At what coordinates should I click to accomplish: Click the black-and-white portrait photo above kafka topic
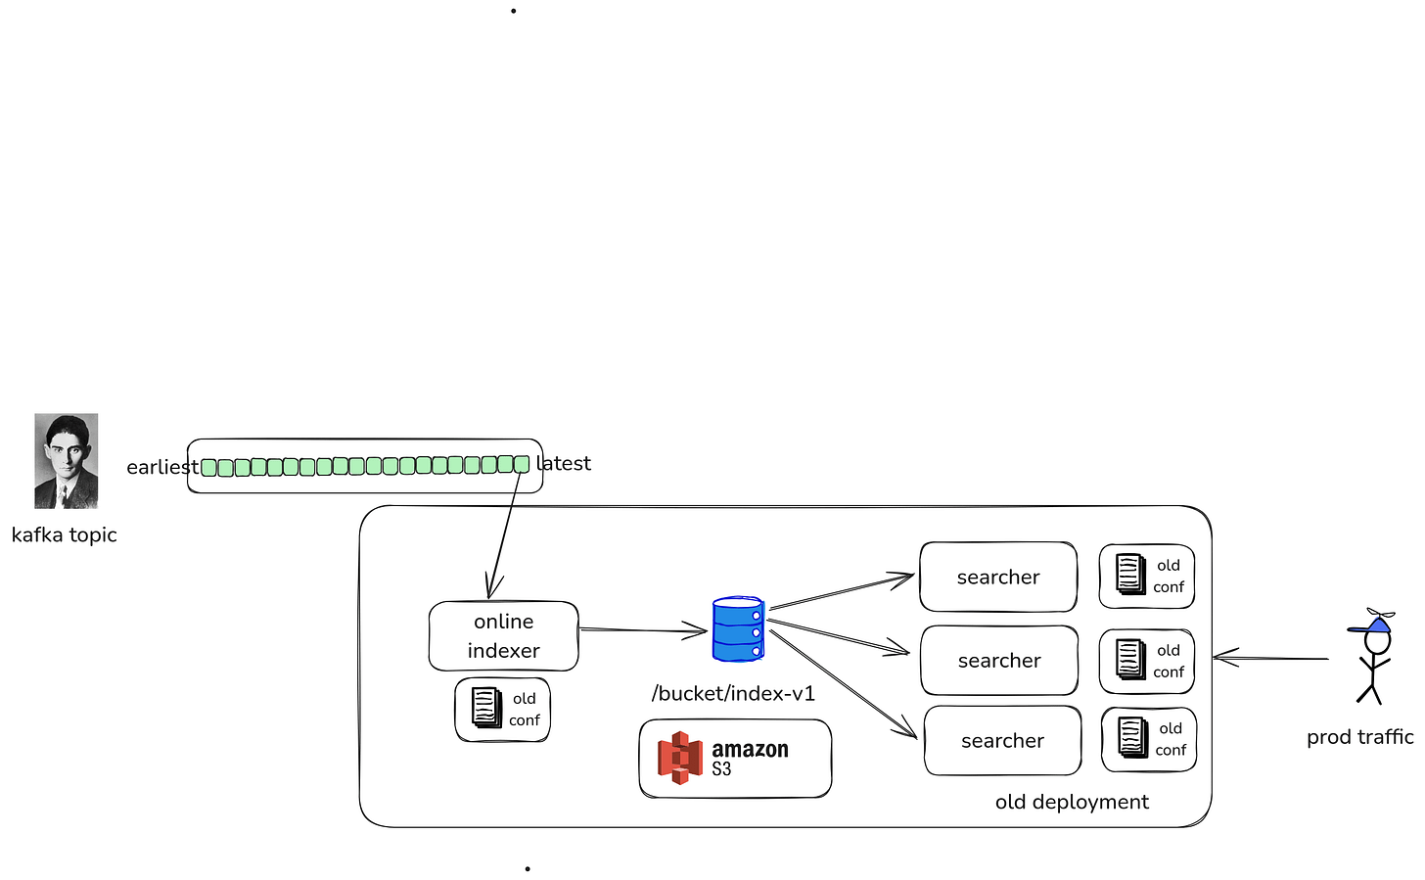tap(67, 461)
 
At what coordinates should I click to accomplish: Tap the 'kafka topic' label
tap(65, 535)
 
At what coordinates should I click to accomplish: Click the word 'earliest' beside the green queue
tap(162, 467)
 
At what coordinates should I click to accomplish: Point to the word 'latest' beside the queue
tap(564, 463)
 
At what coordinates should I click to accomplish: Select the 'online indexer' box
tap(504, 635)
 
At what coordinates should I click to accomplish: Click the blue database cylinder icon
tap(738, 628)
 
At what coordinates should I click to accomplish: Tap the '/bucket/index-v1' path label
tap(733, 694)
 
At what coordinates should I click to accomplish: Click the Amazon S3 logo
tap(723, 758)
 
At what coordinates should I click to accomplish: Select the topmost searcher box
tap(998, 577)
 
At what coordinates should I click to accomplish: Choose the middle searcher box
tap(999, 661)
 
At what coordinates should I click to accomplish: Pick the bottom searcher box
tap(1002, 740)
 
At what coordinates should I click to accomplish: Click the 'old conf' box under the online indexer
tap(503, 710)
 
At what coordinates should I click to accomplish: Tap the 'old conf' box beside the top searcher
tap(1146, 576)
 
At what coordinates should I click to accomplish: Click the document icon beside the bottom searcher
tap(1133, 737)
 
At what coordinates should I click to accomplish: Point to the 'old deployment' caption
tap(1072, 802)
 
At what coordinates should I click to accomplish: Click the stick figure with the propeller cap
tap(1373, 656)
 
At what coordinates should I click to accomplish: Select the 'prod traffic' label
tap(1360, 737)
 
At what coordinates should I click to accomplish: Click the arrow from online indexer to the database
tap(643, 630)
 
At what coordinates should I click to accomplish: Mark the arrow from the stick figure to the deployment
tap(1271, 658)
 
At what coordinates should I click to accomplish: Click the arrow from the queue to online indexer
tap(504, 535)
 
